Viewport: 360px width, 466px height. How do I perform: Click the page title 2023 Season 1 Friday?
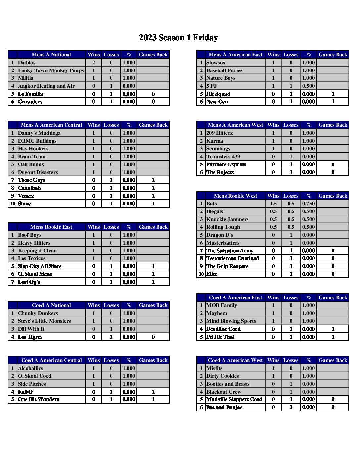click(178, 38)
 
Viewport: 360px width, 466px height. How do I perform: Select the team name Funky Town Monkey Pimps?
click(51, 70)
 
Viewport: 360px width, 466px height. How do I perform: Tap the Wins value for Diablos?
click(94, 63)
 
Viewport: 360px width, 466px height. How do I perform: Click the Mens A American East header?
click(235, 55)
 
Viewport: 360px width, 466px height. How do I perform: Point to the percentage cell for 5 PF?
click(308, 86)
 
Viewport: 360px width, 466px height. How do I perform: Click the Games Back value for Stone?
click(153, 204)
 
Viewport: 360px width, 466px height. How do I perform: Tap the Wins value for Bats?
click(273, 204)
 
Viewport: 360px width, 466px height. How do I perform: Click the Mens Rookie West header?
click(235, 196)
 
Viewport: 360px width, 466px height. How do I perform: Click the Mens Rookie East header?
click(51, 227)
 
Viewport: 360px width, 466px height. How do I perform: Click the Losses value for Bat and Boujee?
click(291, 407)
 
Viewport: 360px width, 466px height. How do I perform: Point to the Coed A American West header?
click(235, 360)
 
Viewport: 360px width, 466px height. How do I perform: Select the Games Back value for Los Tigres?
click(153, 337)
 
